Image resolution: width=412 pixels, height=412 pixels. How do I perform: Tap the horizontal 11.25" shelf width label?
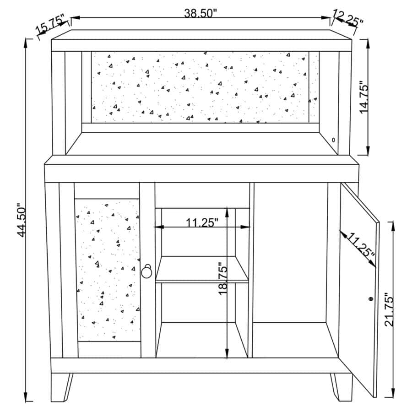[202, 223]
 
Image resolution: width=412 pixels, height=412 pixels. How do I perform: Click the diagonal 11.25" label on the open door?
[360, 246]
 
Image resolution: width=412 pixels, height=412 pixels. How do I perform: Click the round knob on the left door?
[147, 271]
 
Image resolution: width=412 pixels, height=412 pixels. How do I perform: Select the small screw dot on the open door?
[371, 298]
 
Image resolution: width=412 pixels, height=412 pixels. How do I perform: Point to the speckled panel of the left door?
[108, 271]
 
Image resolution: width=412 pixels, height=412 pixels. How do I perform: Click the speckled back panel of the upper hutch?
[200, 87]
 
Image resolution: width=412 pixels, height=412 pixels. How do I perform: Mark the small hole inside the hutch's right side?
[333, 140]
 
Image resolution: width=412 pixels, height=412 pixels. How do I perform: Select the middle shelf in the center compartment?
[202, 269]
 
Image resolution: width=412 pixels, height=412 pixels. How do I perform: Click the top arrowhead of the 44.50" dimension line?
[26, 43]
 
